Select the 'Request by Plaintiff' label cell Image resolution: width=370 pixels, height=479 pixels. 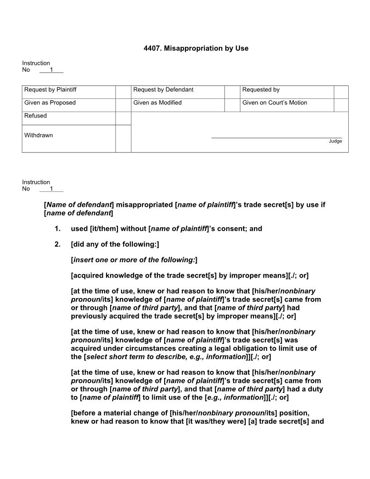[x=50, y=90]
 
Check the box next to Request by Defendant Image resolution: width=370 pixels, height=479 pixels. [x=232, y=92]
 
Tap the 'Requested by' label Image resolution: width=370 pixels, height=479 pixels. [x=261, y=90]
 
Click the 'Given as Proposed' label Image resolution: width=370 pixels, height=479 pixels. [x=50, y=103]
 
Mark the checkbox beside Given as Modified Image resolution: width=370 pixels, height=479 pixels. [x=232, y=105]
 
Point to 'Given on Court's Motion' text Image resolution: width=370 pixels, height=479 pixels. [x=274, y=103]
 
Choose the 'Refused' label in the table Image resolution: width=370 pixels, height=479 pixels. [x=35, y=116]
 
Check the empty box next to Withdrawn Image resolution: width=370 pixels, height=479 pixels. [x=123, y=138]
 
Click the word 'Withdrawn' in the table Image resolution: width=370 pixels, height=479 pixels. [x=39, y=136]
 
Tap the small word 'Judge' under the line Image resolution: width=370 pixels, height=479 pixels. [x=336, y=142]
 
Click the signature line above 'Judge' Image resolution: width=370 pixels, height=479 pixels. [x=277, y=137]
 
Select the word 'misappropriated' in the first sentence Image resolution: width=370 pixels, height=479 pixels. [x=144, y=205]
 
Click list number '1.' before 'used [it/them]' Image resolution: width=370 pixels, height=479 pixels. [x=57, y=229]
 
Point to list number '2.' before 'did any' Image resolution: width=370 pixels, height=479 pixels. [x=57, y=244]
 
